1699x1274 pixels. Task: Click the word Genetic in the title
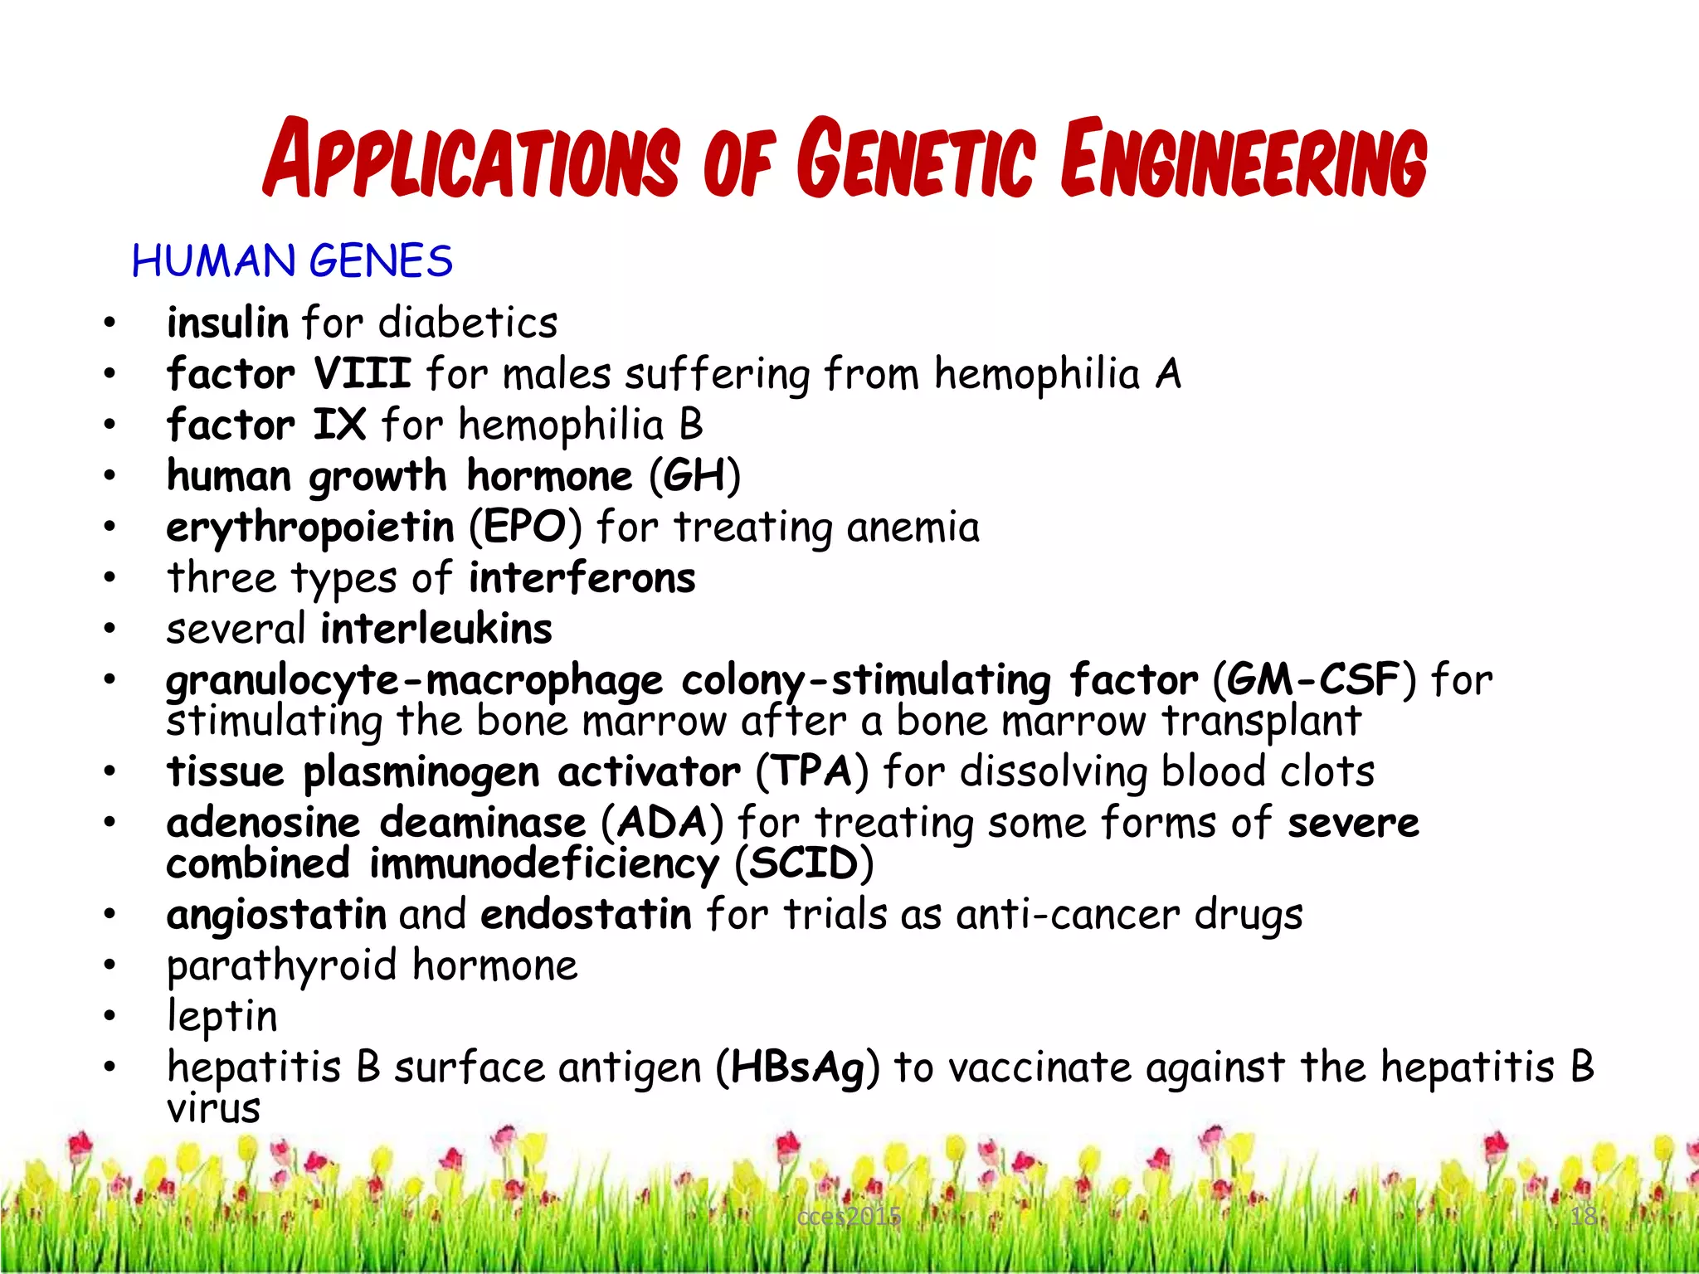[917, 159]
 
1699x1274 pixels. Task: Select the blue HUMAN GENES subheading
[292, 261]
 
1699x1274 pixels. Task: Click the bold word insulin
[227, 322]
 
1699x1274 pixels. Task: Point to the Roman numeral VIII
[363, 373]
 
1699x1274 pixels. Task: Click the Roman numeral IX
[339, 425]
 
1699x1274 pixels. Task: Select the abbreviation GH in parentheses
[694, 476]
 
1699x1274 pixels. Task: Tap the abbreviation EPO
[525, 528]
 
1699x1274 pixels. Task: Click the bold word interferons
[582, 578]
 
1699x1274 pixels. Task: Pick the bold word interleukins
[436, 629]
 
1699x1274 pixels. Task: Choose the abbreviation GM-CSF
[1313, 680]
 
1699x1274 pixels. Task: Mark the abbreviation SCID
[804, 864]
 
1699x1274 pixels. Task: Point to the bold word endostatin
[586, 915]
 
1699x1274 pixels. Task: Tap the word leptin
[222, 1017]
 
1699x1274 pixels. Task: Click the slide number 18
[1583, 1216]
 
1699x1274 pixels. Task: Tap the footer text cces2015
[848, 1217]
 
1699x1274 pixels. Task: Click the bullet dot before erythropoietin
[110, 528]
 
